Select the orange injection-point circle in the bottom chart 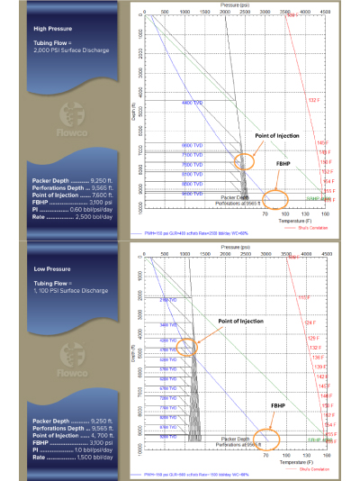point(187,346)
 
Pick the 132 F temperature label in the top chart point(314,111)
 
